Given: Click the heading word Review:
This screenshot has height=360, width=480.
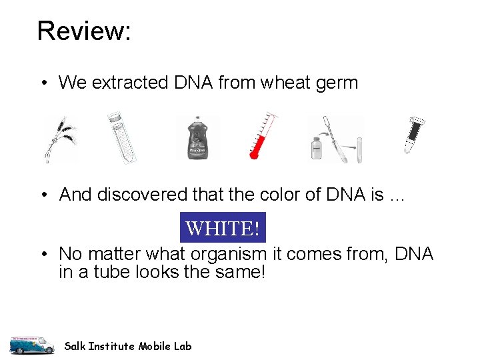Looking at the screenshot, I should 84,31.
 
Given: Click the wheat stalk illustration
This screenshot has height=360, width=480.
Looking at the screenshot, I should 60,139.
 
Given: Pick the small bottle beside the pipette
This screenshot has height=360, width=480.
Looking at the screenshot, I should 317,148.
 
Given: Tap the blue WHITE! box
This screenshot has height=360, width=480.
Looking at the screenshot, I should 223,229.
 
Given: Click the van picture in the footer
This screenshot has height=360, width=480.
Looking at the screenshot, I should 31,344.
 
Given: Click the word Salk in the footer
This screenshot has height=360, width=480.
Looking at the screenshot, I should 75,346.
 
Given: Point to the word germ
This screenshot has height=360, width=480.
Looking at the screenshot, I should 339,83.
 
